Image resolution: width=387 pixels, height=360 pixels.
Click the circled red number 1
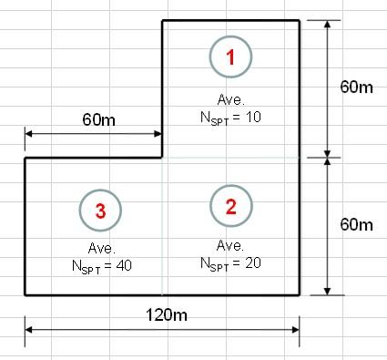click(230, 57)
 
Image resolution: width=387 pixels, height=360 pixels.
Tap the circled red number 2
click(231, 206)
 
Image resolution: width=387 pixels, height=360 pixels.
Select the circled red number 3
click(100, 211)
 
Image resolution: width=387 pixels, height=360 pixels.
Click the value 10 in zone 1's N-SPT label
click(253, 117)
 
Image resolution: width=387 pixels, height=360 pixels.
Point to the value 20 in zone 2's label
click(253, 262)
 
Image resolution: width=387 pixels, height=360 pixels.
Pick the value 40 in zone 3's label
click(124, 266)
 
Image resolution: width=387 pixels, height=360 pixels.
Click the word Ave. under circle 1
click(231, 99)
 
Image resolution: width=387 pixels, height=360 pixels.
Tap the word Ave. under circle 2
click(230, 245)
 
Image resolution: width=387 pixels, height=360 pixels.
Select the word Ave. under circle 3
click(102, 249)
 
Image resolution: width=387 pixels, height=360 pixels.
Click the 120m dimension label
click(167, 314)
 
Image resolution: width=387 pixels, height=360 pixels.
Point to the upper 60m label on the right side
click(356, 87)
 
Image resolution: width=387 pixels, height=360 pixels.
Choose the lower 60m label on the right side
click(356, 225)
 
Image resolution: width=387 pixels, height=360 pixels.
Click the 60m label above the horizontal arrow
click(99, 119)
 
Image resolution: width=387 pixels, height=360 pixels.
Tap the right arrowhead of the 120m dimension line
click(296, 330)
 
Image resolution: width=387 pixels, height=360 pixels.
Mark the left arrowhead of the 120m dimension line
click(28, 330)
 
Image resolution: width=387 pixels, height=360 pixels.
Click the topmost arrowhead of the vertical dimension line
click(327, 25)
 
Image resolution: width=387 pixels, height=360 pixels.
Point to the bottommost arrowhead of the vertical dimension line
click(327, 291)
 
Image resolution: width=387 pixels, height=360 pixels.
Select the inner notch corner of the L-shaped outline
click(162, 158)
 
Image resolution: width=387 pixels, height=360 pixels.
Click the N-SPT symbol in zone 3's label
click(87, 267)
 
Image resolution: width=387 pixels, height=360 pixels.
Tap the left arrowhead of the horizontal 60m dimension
click(28, 134)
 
